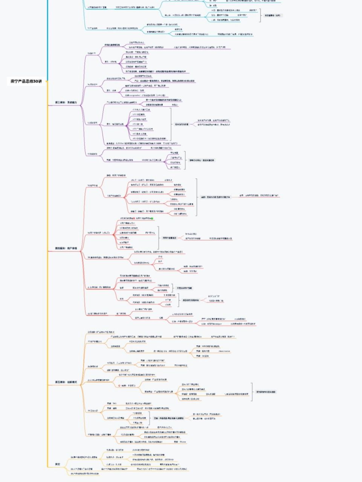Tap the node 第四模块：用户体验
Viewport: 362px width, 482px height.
(66, 248)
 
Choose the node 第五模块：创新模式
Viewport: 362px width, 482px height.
(66, 382)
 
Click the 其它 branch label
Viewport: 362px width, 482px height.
(58, 464)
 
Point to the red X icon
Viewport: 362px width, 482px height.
(134, 218)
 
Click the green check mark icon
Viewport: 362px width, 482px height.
(152, 218)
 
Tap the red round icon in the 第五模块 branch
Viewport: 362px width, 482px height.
(119, 386)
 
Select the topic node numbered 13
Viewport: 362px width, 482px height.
(91, 53)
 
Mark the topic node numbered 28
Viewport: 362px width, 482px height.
(84, 457)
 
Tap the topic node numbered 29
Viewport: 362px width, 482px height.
(81, 469)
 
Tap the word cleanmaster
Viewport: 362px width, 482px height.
(224, 351)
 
